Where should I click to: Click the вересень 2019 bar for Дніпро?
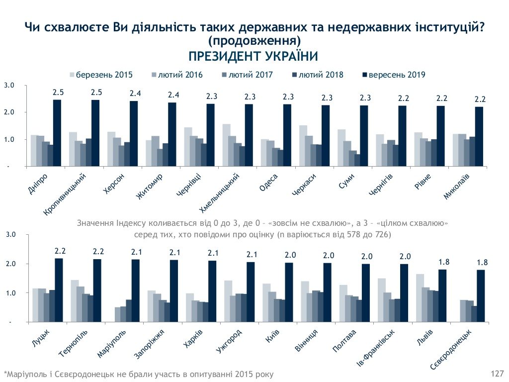click(57, 133)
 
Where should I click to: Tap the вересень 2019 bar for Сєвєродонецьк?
click(480, 296)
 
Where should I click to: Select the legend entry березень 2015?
click(101, 75)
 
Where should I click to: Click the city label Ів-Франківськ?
click(378, 350)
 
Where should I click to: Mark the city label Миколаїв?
click(459, 187)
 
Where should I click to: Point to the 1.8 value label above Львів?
click(443, 262)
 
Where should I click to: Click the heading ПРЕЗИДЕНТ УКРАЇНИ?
click(254, 56)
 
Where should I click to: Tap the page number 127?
click(497, 373)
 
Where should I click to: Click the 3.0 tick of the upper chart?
click(9, 86)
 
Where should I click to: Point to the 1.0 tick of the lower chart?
click(10, 293)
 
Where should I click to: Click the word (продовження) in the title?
click(254, 40)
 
